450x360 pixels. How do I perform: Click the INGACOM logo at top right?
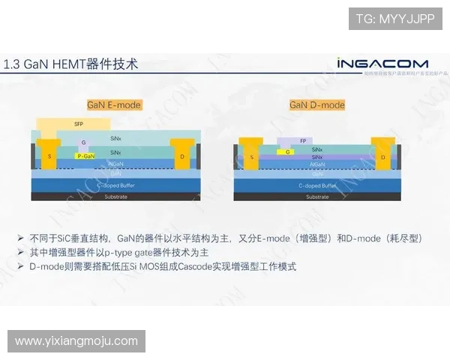click(x=382, y=64)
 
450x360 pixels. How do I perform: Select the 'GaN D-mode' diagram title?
click(x=317, y=105)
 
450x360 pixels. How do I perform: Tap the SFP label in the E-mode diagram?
click(x=79, y=124)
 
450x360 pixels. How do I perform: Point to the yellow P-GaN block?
click(x=86, y=156)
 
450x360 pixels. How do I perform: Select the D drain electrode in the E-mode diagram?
click(x=182, y=157)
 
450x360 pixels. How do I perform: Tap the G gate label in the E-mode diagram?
click(x=84, y=142)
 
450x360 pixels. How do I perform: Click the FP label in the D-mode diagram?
click(x=302, y=141)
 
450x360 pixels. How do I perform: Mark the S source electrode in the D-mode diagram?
click(x=252, y=157)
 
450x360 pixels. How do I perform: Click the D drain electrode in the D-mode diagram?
click(x=383, y=157)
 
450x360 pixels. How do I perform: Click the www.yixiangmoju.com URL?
click(x=76, y=341)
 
